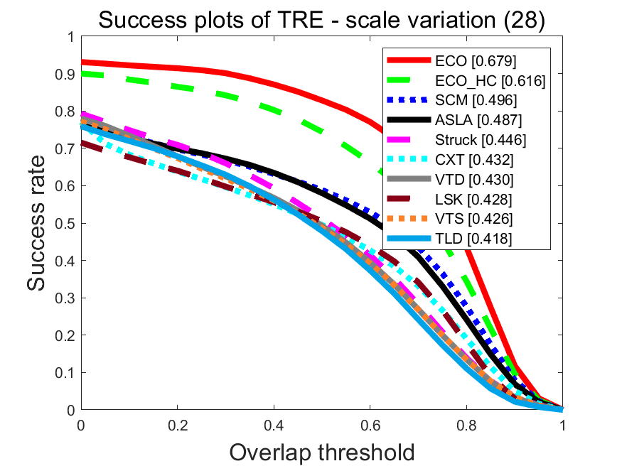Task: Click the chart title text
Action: pos(321,21)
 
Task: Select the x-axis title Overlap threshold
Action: pos(321,452)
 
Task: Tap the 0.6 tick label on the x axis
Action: pos(370,425)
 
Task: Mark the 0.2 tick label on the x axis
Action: pos(177,425)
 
